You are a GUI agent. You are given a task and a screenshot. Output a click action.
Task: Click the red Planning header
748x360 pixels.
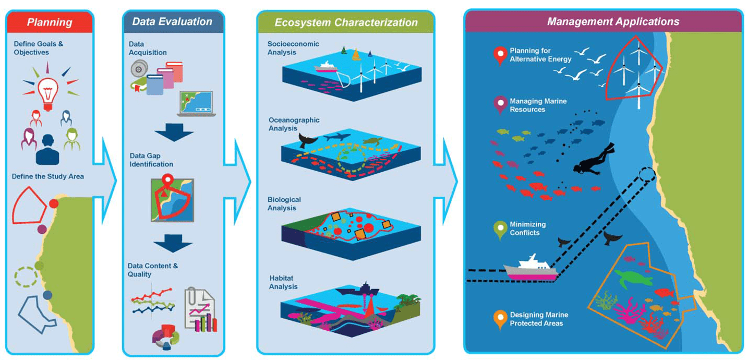pyautogui.click(x=50, y=22)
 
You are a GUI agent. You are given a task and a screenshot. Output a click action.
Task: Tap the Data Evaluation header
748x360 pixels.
pyautogui.click(x=172, y=22)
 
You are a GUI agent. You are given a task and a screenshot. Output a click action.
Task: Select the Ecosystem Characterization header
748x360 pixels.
pyautogui.click(x=346, y=22)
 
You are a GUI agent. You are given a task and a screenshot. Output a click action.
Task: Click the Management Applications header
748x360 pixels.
pyautogui.click(x=603, y=21)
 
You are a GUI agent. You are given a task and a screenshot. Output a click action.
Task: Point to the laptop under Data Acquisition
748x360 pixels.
pyautogui.click(x=196, y=104)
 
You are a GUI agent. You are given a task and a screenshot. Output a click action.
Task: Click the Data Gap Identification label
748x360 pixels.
pyautogui.click(x=152, y=160)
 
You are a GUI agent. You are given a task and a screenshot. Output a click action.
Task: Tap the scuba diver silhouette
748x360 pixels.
pyautogui.click(x=591, y=160)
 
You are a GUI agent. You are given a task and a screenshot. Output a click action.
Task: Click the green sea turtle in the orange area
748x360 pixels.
pyautogui.click(x=633, y=279)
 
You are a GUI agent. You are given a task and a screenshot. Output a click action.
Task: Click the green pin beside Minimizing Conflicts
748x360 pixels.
pyautogui.click(x=500, y=227)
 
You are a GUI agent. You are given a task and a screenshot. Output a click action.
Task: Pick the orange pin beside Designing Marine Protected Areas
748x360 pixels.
pyautogui.click(x=500, y=318)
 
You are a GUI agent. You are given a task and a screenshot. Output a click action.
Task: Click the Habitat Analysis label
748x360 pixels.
pyautogui.click(x=283, y=282)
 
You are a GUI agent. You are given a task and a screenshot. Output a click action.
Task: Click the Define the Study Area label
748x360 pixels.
pyautogui.click(x=48, y=176)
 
